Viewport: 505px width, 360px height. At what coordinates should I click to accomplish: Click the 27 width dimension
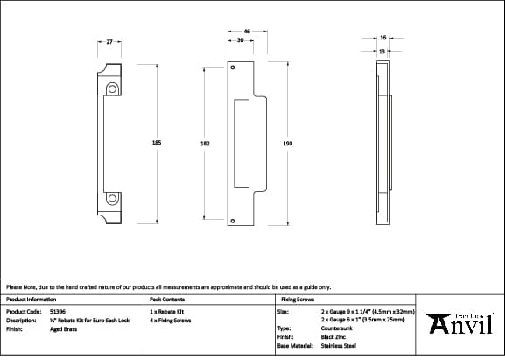(109, 41)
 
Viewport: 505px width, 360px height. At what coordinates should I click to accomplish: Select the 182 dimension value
(205, 143)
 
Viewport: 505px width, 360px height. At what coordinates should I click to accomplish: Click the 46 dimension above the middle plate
(247, 32)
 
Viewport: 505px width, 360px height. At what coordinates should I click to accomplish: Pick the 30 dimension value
(240, 40)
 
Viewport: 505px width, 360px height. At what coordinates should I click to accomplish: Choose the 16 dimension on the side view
(383, 38)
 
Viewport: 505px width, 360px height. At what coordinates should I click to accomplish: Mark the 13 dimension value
(382, 52)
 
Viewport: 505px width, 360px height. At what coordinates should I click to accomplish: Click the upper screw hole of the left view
(111, 89)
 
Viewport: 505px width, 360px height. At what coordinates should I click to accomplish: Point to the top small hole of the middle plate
(233, 68)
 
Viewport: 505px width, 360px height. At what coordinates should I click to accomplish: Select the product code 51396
(57, 311)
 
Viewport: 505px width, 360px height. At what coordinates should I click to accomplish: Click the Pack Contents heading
(167, 299)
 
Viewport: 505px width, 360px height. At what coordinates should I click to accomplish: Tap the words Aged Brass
(63, 330)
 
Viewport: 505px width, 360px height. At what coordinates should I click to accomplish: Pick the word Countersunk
(338, 328)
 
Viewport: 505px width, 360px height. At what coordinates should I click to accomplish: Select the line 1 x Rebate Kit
(167, 311)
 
